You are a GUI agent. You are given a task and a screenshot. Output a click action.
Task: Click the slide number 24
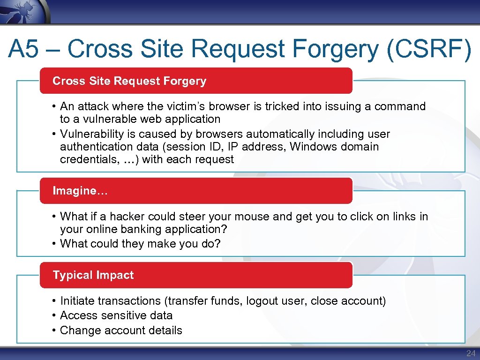point(471,353)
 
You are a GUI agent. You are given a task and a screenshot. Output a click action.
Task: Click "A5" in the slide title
point(23,49)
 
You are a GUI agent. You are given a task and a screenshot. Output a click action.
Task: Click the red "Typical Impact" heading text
point(93,275)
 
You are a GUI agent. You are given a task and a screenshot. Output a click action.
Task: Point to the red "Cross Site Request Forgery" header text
point(129,81)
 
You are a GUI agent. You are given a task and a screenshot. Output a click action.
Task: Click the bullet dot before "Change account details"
point(55,330)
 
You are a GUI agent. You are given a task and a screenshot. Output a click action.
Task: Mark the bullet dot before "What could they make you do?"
point(55,244)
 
